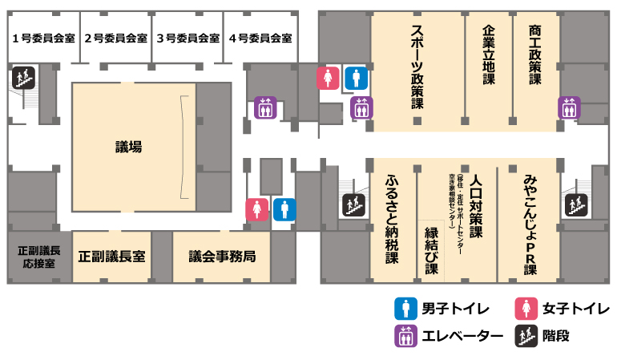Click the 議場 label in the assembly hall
[x=128, y=147]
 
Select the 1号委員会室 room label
[x=44, y=38]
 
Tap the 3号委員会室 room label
[x=188, y=38]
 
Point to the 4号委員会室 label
[x=260, y=38]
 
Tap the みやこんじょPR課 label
[x=530, y=224]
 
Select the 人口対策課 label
[x=477, y=207]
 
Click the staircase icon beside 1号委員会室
[x=22, y=78]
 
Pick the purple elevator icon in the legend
[x=406, y=335]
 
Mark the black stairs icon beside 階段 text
[x=526, y=335]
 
